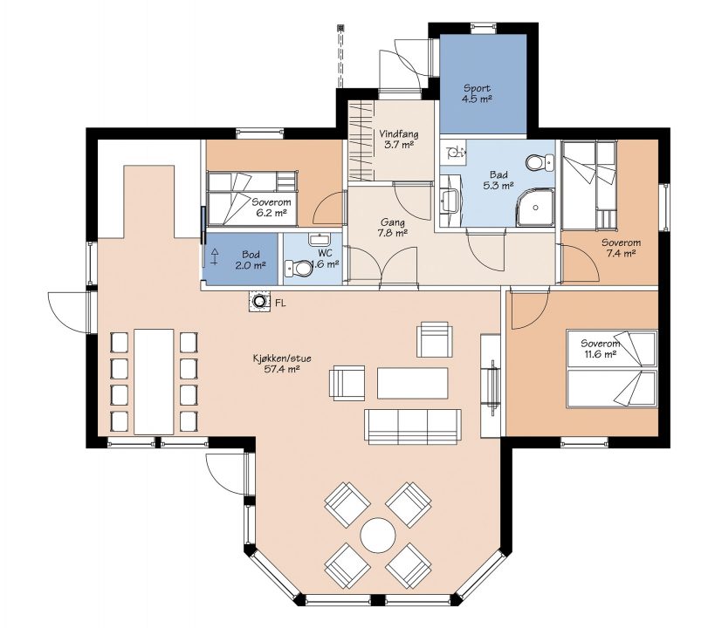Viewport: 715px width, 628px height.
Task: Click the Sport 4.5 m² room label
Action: point(478,93)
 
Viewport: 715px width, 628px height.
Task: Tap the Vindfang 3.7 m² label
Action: point(399,139)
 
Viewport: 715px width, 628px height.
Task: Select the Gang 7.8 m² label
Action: point(393,228)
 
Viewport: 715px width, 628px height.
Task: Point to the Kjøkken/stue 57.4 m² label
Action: point(282,364)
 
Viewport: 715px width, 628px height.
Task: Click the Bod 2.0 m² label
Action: point(251,260)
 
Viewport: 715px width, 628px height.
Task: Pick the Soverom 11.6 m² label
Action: point(600,348)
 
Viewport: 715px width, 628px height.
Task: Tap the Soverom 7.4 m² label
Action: point(621,248)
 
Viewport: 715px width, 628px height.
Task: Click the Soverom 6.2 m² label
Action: point(272,208)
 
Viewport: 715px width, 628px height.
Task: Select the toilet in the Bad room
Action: point(540,162)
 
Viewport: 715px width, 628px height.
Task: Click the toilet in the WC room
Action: point(299,269)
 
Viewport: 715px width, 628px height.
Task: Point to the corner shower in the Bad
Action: point(535,208)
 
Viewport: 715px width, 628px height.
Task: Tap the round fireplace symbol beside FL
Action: point(259,301)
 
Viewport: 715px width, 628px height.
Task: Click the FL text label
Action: point(280,303)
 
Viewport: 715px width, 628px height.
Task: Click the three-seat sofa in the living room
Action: point(413,427)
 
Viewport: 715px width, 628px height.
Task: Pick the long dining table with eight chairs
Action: point(155,381)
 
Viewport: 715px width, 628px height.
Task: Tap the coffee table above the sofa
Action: point(413,383)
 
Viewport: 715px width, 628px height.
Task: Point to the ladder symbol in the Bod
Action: point(214,256)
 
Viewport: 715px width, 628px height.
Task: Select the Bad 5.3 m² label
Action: point(498,180)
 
